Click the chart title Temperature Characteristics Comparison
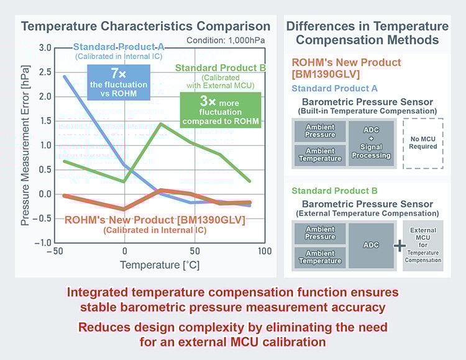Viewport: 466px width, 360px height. click(x=145, y=26)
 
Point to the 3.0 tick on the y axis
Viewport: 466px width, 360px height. click(x=44, y=48)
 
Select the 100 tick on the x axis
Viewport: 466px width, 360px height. click(x=264, y=251)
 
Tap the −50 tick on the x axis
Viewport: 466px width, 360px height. click(x=55, y=251)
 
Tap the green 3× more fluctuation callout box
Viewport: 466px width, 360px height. click(x=220, y=110)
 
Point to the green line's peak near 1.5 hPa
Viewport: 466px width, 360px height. click(x=161, y=124)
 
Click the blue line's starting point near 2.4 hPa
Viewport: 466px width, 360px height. click(x=65, y=76)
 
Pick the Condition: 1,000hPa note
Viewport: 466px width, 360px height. click(x=228, y=41)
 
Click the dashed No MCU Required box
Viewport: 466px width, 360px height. click(x=423, y=143)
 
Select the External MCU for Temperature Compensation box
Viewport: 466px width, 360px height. click(x=423, y=245)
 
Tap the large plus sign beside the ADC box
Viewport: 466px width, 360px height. click(x=399, y=246)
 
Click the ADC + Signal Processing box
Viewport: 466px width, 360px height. click(x=370, y=143)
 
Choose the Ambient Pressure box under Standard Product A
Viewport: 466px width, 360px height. click(x=320, y=131)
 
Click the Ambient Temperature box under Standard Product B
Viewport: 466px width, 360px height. click(x=320, y=257)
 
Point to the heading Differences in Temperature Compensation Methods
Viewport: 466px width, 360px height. click(x=367, y=33)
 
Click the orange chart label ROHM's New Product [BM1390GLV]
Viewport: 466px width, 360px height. click(x=155, y=220)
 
